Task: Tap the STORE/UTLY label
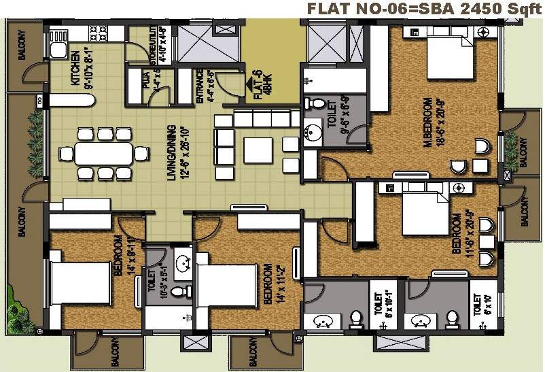pyautogui.click(x=158, y=44)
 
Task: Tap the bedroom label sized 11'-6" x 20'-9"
pyautogui.click(x=460, y=235)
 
